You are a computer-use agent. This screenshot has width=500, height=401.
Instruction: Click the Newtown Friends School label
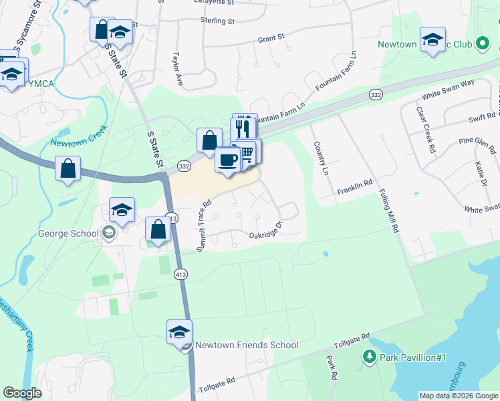tap(247, 345)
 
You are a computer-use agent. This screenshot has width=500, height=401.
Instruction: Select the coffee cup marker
tap(228, 160)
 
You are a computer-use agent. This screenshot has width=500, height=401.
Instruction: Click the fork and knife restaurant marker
tap(244, 128)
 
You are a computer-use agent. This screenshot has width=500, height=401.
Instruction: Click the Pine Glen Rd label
tap(457, 143)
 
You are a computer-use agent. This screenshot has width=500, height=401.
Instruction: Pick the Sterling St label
tap(217, 21)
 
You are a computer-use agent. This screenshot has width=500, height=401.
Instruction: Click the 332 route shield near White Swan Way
tap(376, 96)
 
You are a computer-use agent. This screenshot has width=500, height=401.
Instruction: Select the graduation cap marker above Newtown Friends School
tap(179, 332)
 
